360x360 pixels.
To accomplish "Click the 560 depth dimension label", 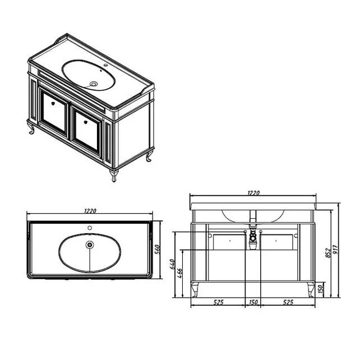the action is (x=158, y=250).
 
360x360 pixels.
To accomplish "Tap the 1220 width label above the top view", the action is (x=90, y=210).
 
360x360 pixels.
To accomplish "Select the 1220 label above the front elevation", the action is (x=253, y=193).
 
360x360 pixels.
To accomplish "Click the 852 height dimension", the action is (x=329, y=253).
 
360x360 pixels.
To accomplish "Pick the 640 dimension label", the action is (x=172, y=264).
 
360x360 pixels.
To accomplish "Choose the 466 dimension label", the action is (x=180, y=273).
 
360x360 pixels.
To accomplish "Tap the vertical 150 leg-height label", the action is (x=321, y=289).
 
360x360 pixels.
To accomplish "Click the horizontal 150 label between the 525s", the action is (x=253, y=302).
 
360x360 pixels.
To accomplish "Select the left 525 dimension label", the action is (x=218, y=302).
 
